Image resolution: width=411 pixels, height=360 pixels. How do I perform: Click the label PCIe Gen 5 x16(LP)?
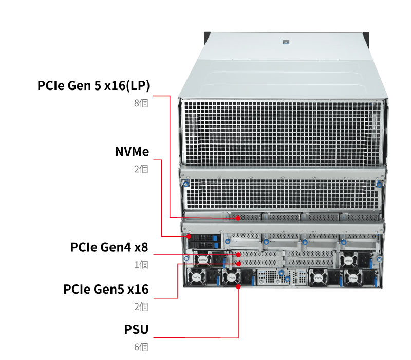(x=94, y=85)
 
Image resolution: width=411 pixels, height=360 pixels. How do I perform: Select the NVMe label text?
(x=132, y=152)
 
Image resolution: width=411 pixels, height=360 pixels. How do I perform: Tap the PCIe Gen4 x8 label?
(x=109, y=247)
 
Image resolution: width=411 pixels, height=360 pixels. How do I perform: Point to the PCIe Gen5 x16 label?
(x=106, y=289)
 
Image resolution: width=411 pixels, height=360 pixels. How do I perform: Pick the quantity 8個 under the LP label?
(x=141, y=103)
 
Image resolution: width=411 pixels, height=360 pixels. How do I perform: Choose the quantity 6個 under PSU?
(x=141, y=347)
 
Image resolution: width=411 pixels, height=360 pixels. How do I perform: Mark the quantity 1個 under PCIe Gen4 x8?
(x=141, y=265)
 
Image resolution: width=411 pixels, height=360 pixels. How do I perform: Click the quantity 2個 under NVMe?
(x=141, y=169)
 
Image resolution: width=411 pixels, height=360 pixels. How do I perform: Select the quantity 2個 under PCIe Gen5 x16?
(x=141, y=307)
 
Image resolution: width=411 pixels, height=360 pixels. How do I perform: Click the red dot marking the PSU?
(x=239, y=286)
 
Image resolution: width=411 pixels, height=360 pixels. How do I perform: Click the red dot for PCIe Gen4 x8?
(x=239, y=254)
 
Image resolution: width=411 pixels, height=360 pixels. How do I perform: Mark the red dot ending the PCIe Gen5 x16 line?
(x=239, y=263)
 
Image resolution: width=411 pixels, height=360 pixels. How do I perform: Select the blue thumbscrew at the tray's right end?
(x=379, y=184)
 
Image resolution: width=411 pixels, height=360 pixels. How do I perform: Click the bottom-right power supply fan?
(x=351, y=278)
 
